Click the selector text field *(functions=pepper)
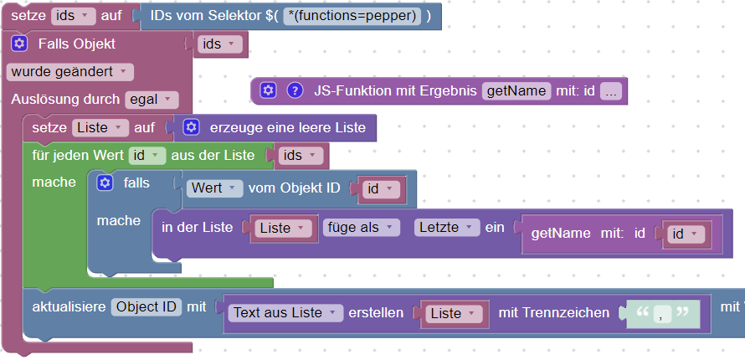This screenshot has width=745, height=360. coord(351,16)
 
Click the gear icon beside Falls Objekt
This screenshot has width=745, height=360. coord(20,44)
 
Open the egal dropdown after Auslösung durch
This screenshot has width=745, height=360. coord(152,100)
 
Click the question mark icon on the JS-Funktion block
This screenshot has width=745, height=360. coord(294,90)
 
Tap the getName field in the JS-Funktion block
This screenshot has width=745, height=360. coord(516,90)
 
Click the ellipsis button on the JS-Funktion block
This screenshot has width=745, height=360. coord(610,90)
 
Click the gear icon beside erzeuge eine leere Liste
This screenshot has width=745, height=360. coord(191,128)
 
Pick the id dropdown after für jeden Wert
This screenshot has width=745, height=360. coord(146,156)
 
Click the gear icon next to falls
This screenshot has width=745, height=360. coord(105,183)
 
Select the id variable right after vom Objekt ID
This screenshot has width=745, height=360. coord(382,189)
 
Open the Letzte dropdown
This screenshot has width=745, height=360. coord(447,228)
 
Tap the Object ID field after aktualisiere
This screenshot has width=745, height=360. coord(146,306)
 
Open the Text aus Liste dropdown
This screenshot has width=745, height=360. coord(285,313)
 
